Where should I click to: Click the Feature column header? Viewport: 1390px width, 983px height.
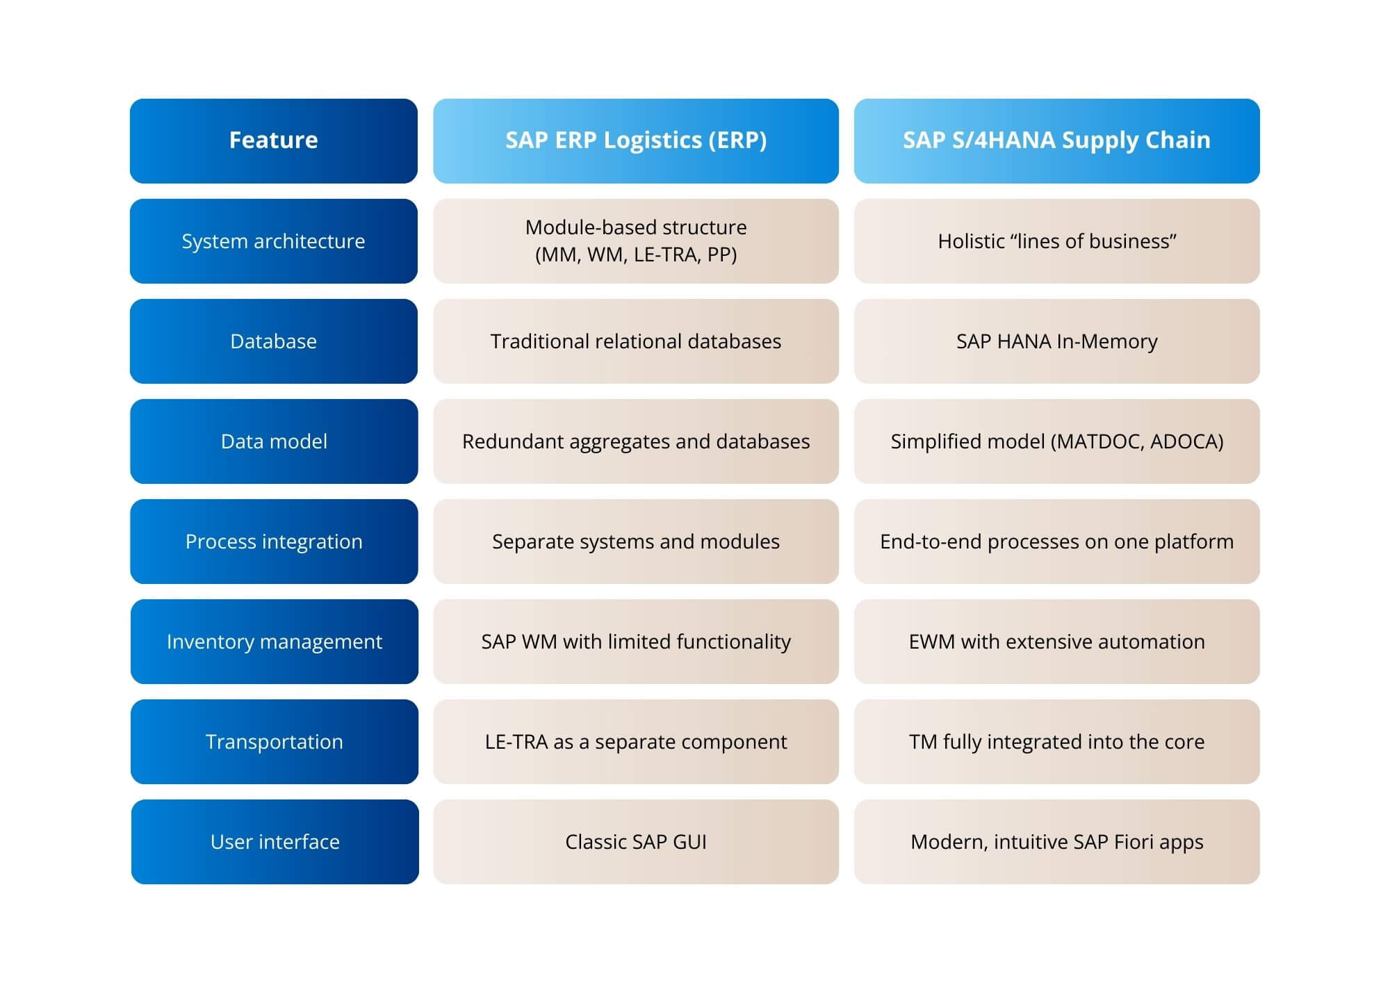[x=274, y=140]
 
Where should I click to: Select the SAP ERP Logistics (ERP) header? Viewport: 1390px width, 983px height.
[x=635, y=140]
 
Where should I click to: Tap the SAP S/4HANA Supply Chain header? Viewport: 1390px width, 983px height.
[x=1056, y=140]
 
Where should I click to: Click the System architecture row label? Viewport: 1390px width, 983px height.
[x=274, y=241]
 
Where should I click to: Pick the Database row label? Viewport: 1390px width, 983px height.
[x=274, y=341]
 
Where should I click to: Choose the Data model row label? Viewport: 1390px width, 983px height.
[x=274, y=441]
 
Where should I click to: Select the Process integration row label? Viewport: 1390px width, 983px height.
[x=274, y=542]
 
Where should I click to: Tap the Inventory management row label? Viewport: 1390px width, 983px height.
[x=274, y=642]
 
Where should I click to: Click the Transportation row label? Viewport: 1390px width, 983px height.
[x=274, y=742]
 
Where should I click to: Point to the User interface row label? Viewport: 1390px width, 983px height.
[x=275, y=842]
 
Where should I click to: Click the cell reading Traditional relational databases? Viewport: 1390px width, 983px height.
[x=635, y=341]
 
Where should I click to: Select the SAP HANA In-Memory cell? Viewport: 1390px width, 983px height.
[x=1056, y=341]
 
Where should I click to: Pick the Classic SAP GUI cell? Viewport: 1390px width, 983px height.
[x=635, y=842]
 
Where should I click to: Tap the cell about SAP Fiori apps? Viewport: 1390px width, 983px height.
[x=1056, y=842]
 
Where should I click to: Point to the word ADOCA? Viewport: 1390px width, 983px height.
[x=1186, y=441]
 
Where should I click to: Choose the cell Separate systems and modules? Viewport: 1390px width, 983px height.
[x=635, y=542]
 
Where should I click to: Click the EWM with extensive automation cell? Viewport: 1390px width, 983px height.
[x=1056, y=642]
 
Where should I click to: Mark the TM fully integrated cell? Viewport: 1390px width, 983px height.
[x=1056, y=742]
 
